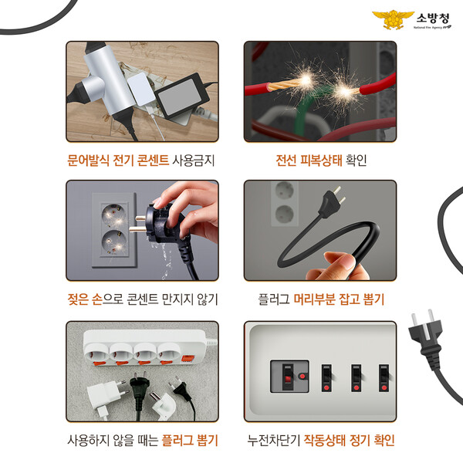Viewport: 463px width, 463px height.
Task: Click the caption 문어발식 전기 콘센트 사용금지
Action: (x=140, y=161)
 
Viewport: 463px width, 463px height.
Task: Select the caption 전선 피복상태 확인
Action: (x=321, y=161)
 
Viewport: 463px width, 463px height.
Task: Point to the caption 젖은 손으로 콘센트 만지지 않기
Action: (x=140, y=299)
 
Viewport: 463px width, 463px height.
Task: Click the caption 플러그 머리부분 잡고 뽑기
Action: (x=321, y=299)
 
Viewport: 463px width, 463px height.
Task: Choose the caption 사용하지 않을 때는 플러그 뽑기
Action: (x=140, y=441)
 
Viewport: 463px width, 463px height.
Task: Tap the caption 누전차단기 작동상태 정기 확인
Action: (x=321, y=441)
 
